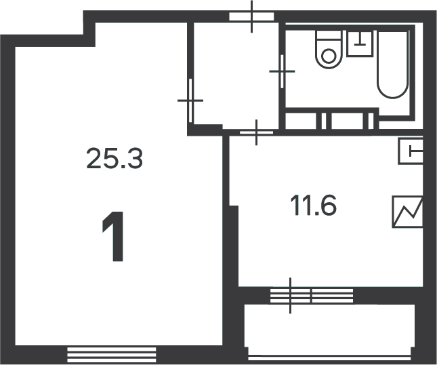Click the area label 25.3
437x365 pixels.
pyautogui.click(x=115, y=159)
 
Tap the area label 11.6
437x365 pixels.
pyautogui.click(x=313, y=206)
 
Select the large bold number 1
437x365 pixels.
pyautogui.click(x=113, y=237)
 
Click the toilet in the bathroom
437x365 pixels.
pyautogui.click(x=329, y=50)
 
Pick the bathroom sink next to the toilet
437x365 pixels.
pyautogui.click(x=360, y=44)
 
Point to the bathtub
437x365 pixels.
pyautogui.click(x=393, y=64)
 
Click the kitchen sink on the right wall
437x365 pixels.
pyautogui.click(x=411, y=151)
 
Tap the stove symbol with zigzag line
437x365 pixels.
pyautogui.click(x=408, y=212)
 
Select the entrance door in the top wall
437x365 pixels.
pyautogui.click(x=251, y=16)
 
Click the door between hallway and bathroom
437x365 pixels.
pyautogui.click(x=282, y=71)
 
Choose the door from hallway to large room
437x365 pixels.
pyautogui.click(x=190, y=100)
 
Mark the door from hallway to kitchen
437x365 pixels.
pyautogui.click(x=256, y=132)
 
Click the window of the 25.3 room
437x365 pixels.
pyautogui.click(x=112, y=355)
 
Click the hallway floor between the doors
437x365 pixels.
pyautogui.click(x=236, y=75)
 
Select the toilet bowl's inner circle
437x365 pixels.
pyautogui.click(x=329, y=56)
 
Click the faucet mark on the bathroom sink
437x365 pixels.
pyautogui.click(x=360, y=39)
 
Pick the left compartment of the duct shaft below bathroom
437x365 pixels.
pyautogui.click(x=301, y=121)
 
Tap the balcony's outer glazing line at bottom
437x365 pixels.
pyautogui.click(x=329, y=358)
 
